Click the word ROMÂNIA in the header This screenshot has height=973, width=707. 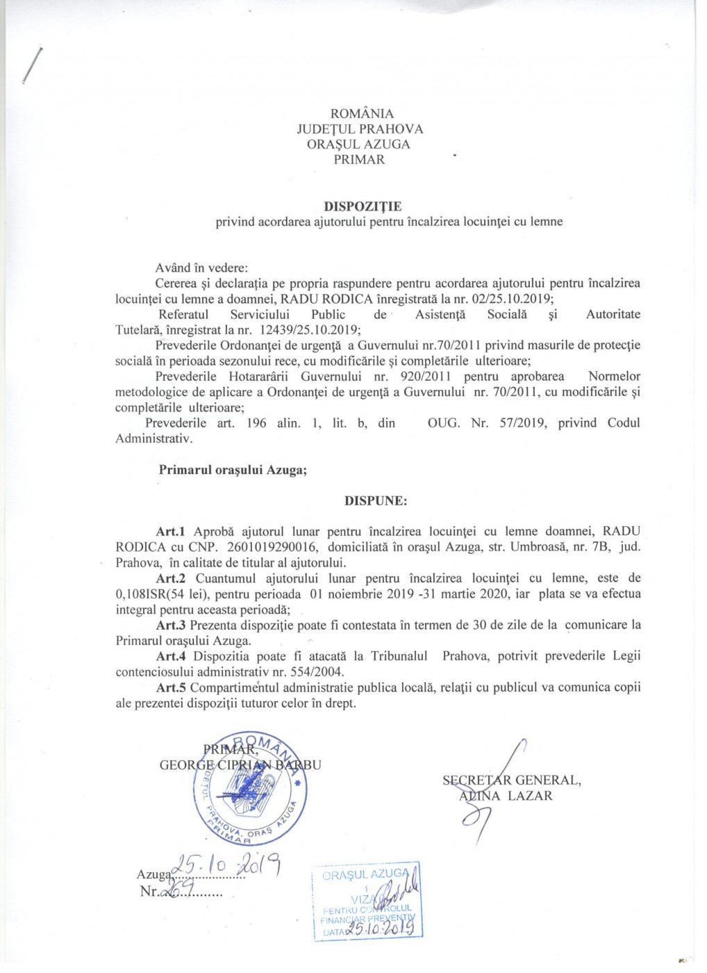coord(362,113)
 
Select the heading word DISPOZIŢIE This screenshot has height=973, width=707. coord(363,206)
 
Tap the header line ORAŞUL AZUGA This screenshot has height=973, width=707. coord(358,144)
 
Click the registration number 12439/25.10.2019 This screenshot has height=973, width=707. coord(309,329)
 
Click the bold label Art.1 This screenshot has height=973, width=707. coord(170,532)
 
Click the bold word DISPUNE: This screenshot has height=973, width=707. coord(376,500)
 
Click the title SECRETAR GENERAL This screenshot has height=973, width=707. coord(512,780)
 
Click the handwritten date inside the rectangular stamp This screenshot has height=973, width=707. coord(383,926)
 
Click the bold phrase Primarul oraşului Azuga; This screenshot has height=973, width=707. coord(233,470)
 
